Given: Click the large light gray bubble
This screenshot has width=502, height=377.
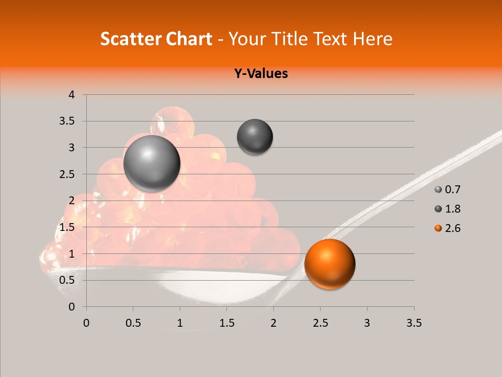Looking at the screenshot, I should tap(152, 163).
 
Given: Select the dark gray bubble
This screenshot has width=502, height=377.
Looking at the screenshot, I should tap(255, 137).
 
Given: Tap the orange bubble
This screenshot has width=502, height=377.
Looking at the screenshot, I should tap(329, 264).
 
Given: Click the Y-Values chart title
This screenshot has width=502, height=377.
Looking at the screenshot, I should tap(261, 73).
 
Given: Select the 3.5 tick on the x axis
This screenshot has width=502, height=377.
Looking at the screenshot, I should tap(414, 323).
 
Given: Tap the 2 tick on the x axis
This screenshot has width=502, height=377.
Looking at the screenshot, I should tap(273, 323).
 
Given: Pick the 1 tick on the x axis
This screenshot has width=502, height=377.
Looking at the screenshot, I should tap(180, 323).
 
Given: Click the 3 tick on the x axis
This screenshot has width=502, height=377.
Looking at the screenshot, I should tap(367, 323).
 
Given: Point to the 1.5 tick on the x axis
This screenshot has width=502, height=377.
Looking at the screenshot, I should tap(226, 323).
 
